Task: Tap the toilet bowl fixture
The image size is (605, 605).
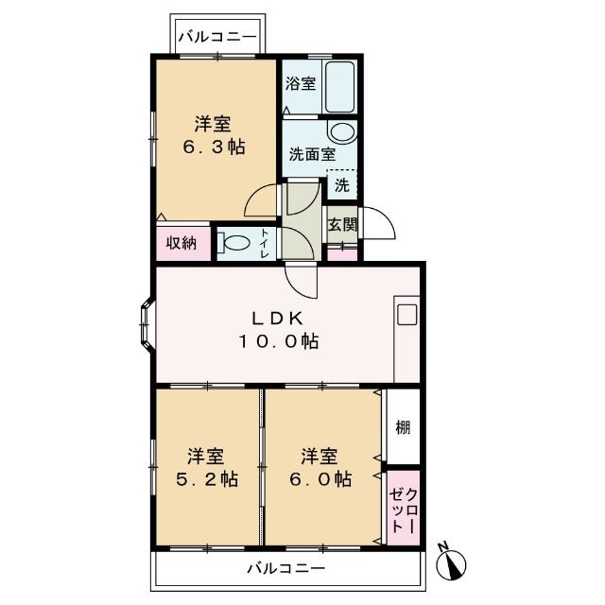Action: tap(235, 243)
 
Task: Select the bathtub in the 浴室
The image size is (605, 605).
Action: tap(338, 85)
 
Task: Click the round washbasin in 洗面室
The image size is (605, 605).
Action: tap(340, 132)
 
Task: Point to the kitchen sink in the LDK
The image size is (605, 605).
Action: tap(407, 316)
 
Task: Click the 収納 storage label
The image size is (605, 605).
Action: tap(181, 242)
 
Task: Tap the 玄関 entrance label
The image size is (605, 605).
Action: tap(342, 225)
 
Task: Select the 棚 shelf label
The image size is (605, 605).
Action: tap(403, 427)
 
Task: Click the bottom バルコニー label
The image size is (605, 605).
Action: tap(286, 569)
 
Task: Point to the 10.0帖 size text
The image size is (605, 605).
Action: tap(278, 342)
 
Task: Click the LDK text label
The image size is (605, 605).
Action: tap(278, 318)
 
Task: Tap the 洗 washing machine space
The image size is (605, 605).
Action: tap(341, 184)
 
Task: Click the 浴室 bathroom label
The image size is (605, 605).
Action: tap(301, 83)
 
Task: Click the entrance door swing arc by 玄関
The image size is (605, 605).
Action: tap(379, 225)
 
